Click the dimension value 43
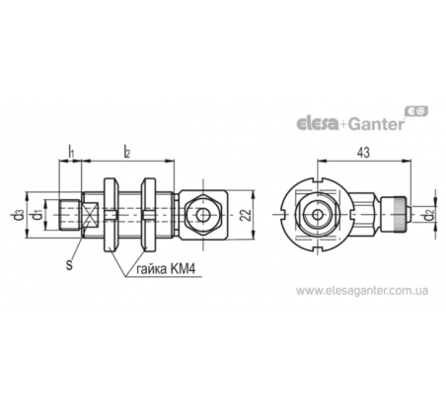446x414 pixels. coord(363,153)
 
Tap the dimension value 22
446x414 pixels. coord(246,215)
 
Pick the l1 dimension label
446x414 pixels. coord(71,151)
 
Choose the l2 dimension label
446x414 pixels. coord(127,152)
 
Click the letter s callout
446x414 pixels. coord(69,265)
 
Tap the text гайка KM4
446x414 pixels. coord(166,269)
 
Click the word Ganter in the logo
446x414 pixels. coord(376,124)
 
